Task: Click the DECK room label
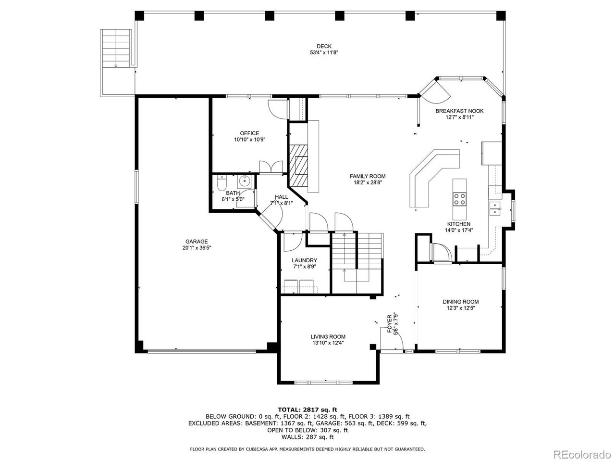click(327, 46)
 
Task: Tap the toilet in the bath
click(221, 183)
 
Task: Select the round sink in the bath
click(245, 181)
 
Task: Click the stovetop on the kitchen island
click(459, 199)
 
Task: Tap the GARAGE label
click(197, 242)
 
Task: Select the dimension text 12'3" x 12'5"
click(460, 308)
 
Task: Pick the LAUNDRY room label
click(304, 260)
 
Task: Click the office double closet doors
click(271, 167)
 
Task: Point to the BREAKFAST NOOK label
click(459, 111)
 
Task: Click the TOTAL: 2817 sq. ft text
click(307, 410)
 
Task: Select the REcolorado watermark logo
click(581, 453)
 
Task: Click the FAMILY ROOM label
click(367, 176)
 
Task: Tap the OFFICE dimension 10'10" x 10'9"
click(249, 140)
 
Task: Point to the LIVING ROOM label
click(328, 336)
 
